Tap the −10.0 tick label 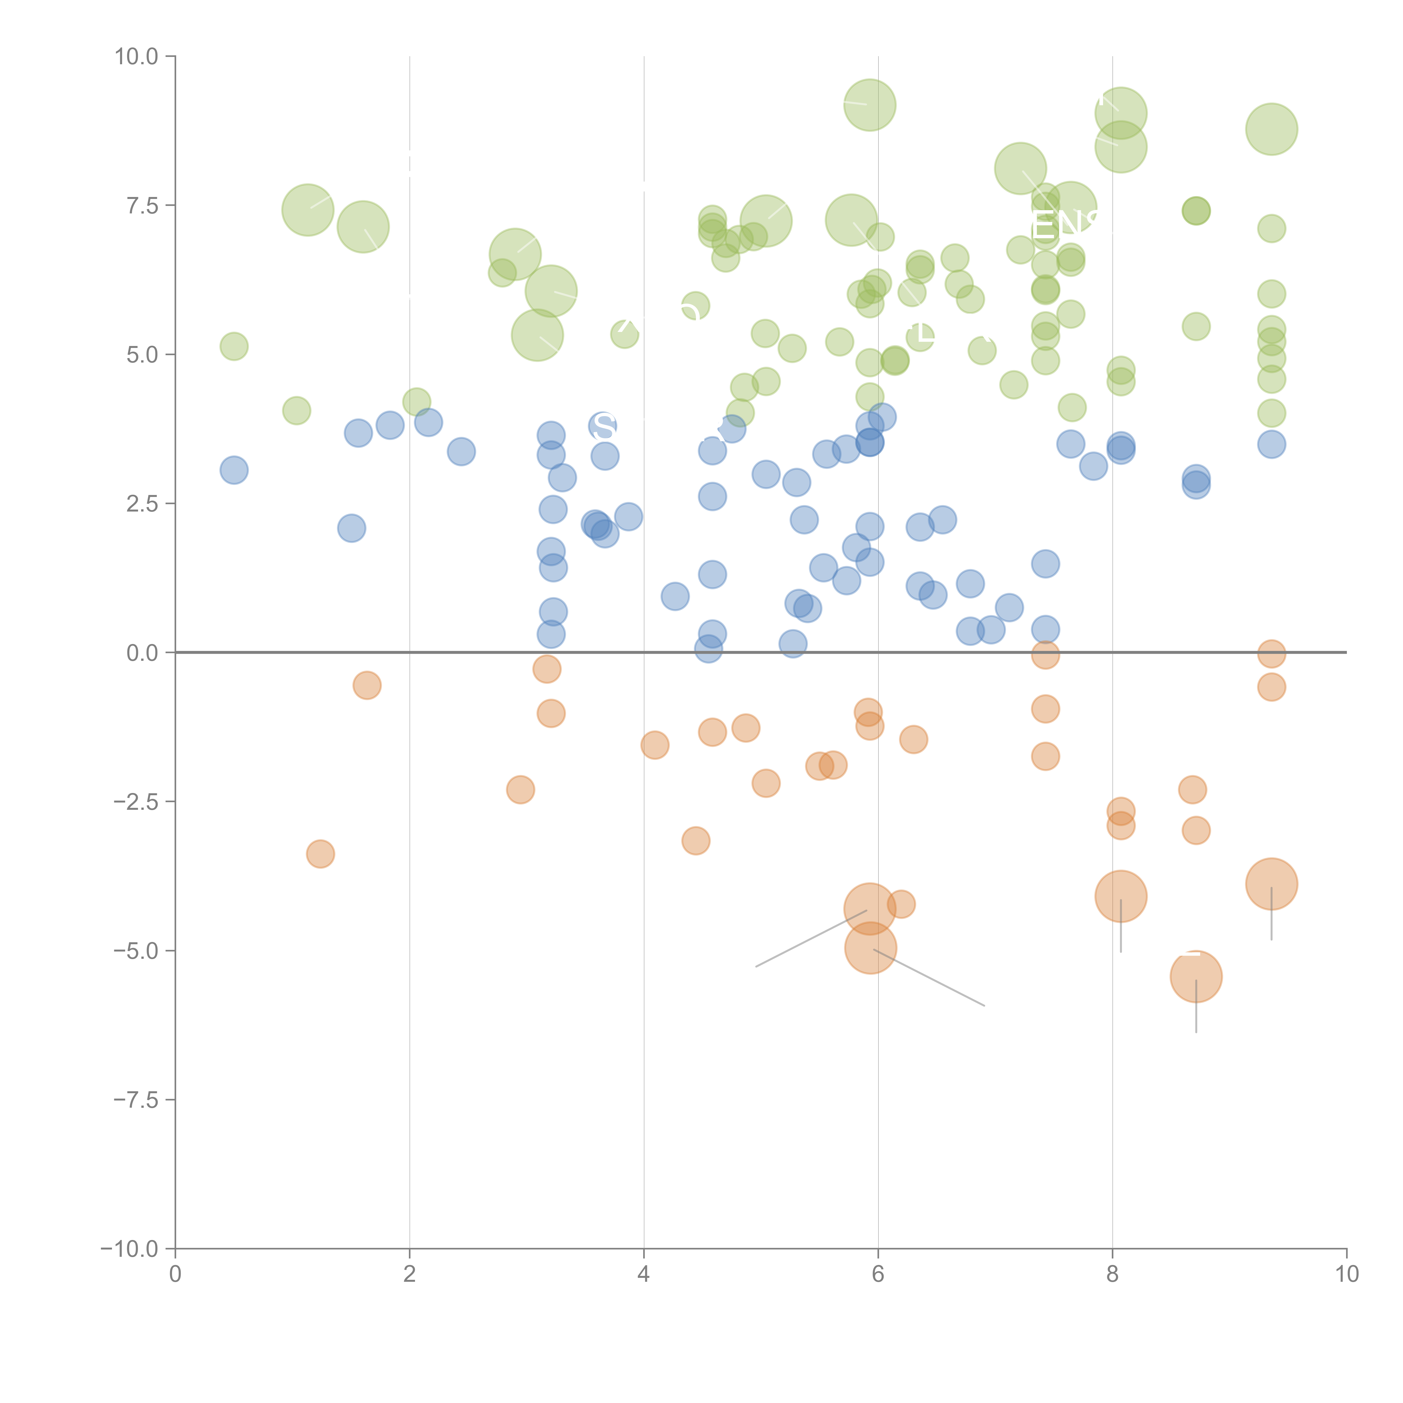129,1249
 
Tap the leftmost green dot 234,346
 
